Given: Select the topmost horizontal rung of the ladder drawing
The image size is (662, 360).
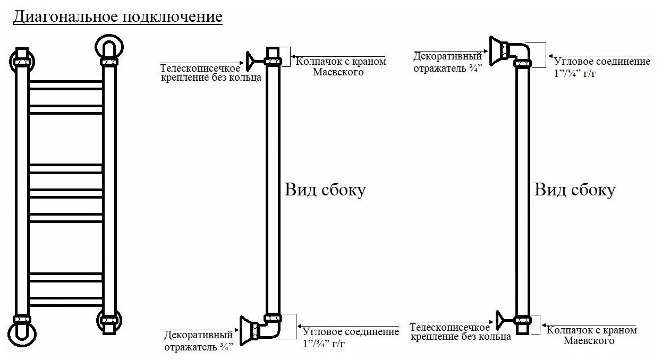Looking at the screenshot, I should coord(65,84).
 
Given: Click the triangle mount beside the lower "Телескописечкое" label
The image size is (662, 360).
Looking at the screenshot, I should coord(500,319).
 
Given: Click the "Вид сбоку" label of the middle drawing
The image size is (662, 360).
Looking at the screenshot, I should coord(325,190).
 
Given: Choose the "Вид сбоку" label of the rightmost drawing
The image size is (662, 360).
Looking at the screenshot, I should coord(574,190).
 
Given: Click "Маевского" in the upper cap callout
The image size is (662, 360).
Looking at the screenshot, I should coord(338,72).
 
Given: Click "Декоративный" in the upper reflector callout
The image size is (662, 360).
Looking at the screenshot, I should coord(440,56).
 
